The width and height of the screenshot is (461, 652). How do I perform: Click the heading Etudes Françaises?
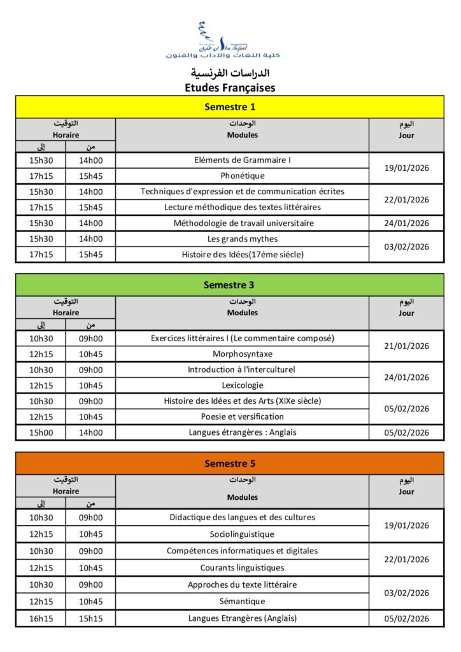[230, 88]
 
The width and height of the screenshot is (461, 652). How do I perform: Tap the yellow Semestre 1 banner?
[230, 107]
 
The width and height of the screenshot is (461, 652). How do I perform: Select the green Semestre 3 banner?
[230, 285]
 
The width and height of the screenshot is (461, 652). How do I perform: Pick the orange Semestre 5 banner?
[230, 464]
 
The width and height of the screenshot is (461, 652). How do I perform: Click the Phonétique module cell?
[242, 176]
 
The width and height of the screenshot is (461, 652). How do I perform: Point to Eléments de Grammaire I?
[242, 160]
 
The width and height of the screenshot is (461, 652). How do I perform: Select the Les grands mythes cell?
[242, 239]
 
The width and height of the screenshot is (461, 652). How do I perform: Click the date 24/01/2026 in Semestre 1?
[406, 223]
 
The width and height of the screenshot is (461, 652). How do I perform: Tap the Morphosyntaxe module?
[242, 354]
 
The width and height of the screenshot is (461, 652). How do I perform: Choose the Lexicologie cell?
[242, 385]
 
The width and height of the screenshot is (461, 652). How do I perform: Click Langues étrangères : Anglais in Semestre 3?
[242, 432]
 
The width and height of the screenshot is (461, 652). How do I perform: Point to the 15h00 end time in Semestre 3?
[41, 432]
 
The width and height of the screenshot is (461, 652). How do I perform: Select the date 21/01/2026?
[406, 346]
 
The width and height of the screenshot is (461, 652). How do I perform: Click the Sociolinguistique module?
[242, 534]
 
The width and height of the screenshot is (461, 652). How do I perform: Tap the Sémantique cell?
[242, 601]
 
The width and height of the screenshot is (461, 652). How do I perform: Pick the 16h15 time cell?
[41, 618]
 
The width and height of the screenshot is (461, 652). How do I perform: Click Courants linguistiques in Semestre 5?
[242, 568]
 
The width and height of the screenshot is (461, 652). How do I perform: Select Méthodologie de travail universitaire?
[242, 223]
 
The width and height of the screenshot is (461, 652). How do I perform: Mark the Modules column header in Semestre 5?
[242, 497]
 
